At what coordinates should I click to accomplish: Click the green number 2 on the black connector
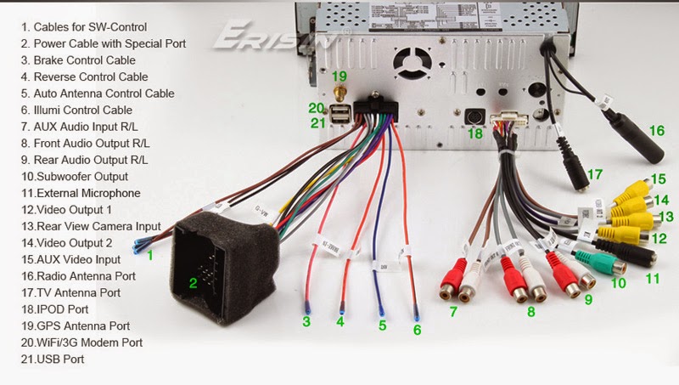coord(193,283)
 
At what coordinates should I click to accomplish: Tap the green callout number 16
coord(656,131)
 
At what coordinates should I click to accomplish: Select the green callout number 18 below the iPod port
coord(475,134)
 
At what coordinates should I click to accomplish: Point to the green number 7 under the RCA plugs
coord(452,312)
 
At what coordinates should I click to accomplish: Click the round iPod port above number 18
coord(475,116)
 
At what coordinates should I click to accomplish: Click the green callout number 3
coord(306,321)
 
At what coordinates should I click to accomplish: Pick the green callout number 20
coord(316,108)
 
